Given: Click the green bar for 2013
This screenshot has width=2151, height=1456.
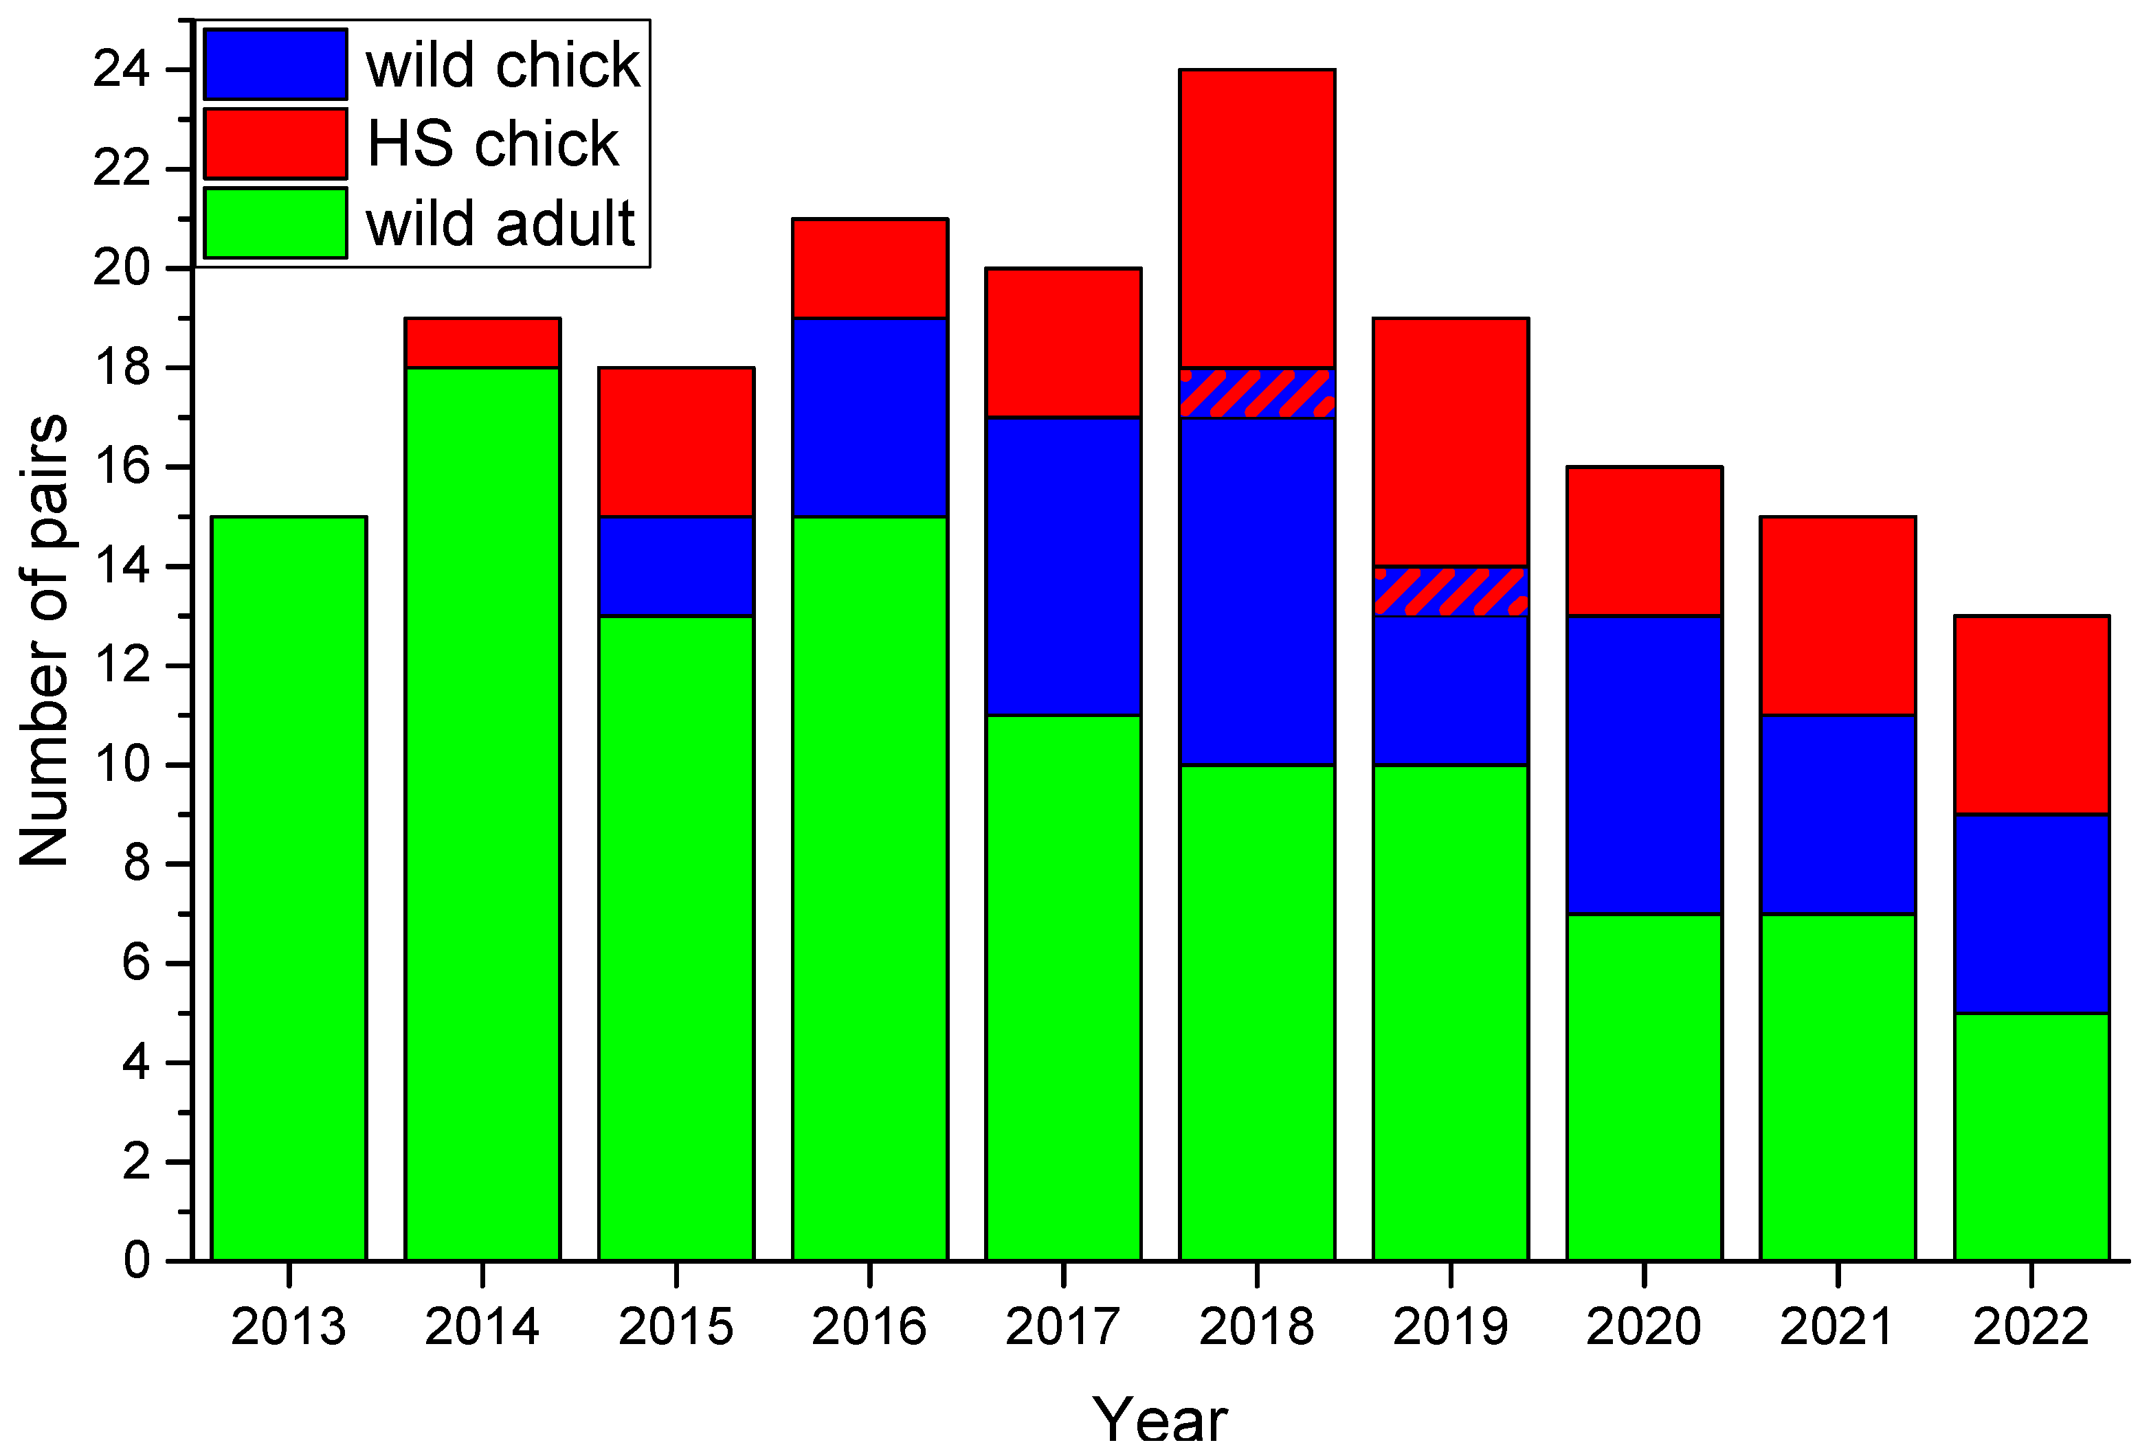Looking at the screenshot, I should click(289, 888).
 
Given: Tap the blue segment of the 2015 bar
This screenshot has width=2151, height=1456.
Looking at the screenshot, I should click(676, 566).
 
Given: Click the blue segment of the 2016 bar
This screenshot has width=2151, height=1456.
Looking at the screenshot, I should click(869, 417).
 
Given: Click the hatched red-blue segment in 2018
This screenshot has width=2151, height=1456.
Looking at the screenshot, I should click(1256, 393).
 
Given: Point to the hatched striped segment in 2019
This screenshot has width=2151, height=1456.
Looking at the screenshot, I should click(1449, 591).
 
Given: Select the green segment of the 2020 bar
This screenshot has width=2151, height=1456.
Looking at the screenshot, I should click(1643, 1087).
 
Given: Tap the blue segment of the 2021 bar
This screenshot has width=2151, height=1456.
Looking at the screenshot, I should click(1836, 814).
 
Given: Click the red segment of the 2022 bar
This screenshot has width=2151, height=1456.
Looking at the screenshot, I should click(2031, 714).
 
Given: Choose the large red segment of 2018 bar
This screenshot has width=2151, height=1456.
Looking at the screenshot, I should click(1256, 218).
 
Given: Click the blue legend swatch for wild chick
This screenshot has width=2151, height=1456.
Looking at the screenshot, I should click(275, 64).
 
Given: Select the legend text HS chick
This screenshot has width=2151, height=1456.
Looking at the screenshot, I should click(493, 144).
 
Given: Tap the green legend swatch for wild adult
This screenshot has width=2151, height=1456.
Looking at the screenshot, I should click(275, 223).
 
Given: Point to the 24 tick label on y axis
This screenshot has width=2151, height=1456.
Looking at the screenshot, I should click(120, 69).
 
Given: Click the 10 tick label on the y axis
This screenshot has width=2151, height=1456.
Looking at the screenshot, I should click(120, 765).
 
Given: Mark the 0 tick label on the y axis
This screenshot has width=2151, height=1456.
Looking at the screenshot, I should click(136, 1260).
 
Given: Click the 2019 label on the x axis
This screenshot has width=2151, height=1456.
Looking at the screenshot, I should click(1449, 1326).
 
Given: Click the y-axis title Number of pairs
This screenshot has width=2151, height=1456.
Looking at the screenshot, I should click(45, 640).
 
